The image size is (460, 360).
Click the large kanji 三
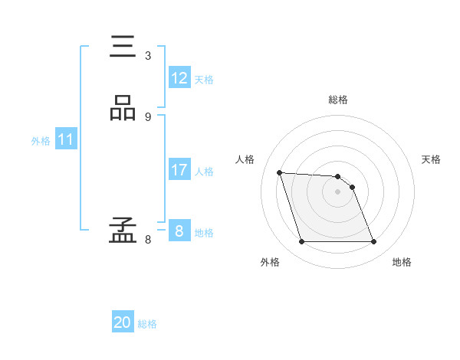(123, 47)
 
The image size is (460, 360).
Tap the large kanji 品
(123, 110)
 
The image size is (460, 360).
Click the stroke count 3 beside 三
(148, 55)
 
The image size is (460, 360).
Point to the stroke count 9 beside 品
(148, 116)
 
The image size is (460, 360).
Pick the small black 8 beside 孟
(148, 239)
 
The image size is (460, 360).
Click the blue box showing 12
(179, 78)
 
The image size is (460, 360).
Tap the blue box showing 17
(179, 170)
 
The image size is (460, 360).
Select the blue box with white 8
(179, 231)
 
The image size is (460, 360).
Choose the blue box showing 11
(66, 140)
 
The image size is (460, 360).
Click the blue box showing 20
(123, 323)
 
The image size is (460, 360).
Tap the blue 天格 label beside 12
(204, 80)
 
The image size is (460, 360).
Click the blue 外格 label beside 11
(41, 141)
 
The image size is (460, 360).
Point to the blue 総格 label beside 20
(147, 324)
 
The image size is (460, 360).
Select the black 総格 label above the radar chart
(338, 100)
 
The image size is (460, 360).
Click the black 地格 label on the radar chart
(402, 262)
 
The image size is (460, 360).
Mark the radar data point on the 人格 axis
(279, 172)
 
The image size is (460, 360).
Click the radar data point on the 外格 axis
(301, 242)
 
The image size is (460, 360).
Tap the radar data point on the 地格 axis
(373, 242)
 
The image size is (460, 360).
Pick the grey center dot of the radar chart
(337, 191)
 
